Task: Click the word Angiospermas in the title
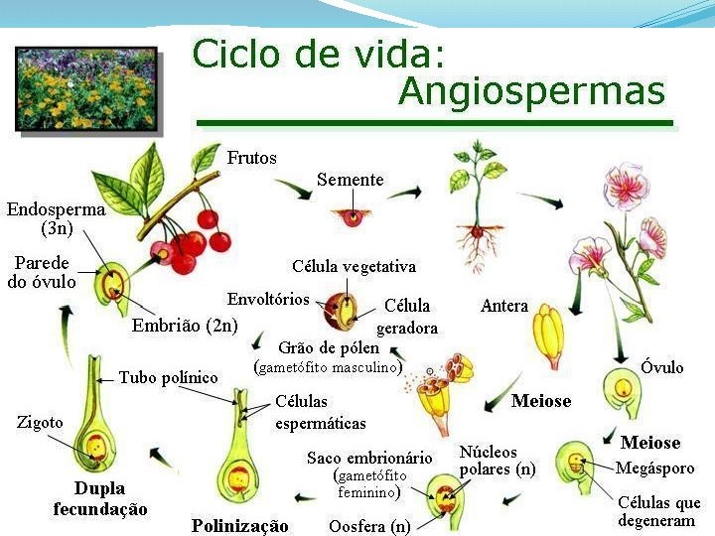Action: (530, 91)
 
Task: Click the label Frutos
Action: (252, 158)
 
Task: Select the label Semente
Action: (350, 180)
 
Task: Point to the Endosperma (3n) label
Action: (56, 218)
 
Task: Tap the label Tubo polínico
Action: (168, 377)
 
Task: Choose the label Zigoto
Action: (40, 422)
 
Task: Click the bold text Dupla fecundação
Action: (100, 498)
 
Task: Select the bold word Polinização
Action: (239, 525)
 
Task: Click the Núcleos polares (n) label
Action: (497, 461)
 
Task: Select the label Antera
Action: (504, 306)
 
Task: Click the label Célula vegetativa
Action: (354, 266)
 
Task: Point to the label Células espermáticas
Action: (320, 414)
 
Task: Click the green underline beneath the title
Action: (434, 123)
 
